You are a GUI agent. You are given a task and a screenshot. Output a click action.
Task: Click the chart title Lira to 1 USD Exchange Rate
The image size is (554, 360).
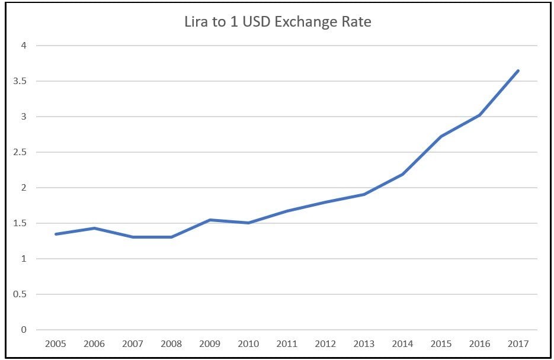pos(277,23)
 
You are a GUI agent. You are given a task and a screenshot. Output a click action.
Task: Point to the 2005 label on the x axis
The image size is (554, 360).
pos(56,343)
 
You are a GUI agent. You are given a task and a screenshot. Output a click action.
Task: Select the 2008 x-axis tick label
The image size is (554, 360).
pos(171,343)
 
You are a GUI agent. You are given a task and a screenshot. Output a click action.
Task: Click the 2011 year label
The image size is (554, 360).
pos(287,343)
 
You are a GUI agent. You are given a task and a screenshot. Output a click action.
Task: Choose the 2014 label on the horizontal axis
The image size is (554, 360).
pos(402,343)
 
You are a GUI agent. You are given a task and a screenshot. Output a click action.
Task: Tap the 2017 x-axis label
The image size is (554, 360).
pos(518,343)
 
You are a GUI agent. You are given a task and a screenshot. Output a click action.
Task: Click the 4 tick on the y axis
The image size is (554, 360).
pos(24,46)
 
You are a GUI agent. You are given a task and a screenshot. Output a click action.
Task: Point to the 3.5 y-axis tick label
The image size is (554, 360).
pos(21,81)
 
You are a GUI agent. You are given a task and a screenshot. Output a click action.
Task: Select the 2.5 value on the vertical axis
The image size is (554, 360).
pos(21,152)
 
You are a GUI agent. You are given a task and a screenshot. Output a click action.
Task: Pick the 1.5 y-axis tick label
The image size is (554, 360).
pos(21,223)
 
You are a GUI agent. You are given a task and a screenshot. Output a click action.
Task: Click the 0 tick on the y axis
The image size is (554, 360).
pos(24,330)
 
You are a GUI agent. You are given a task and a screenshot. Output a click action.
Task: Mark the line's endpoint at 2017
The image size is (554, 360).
pos(518,71)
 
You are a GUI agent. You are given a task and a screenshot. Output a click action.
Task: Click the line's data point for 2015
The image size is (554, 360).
pos(441,137)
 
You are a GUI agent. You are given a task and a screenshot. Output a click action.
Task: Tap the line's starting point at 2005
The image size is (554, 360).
pos(56,234)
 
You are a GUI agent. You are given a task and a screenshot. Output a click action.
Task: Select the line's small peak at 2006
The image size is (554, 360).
pos(94,228)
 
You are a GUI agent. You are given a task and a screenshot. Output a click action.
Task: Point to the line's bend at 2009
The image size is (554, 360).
pos(210,220)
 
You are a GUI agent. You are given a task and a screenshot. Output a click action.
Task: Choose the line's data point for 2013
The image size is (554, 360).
pos(364,194)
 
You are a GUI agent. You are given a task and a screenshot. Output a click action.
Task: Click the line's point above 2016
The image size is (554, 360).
pos(479,115)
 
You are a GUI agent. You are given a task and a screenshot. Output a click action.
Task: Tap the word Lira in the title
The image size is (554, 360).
pos(194,23)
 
